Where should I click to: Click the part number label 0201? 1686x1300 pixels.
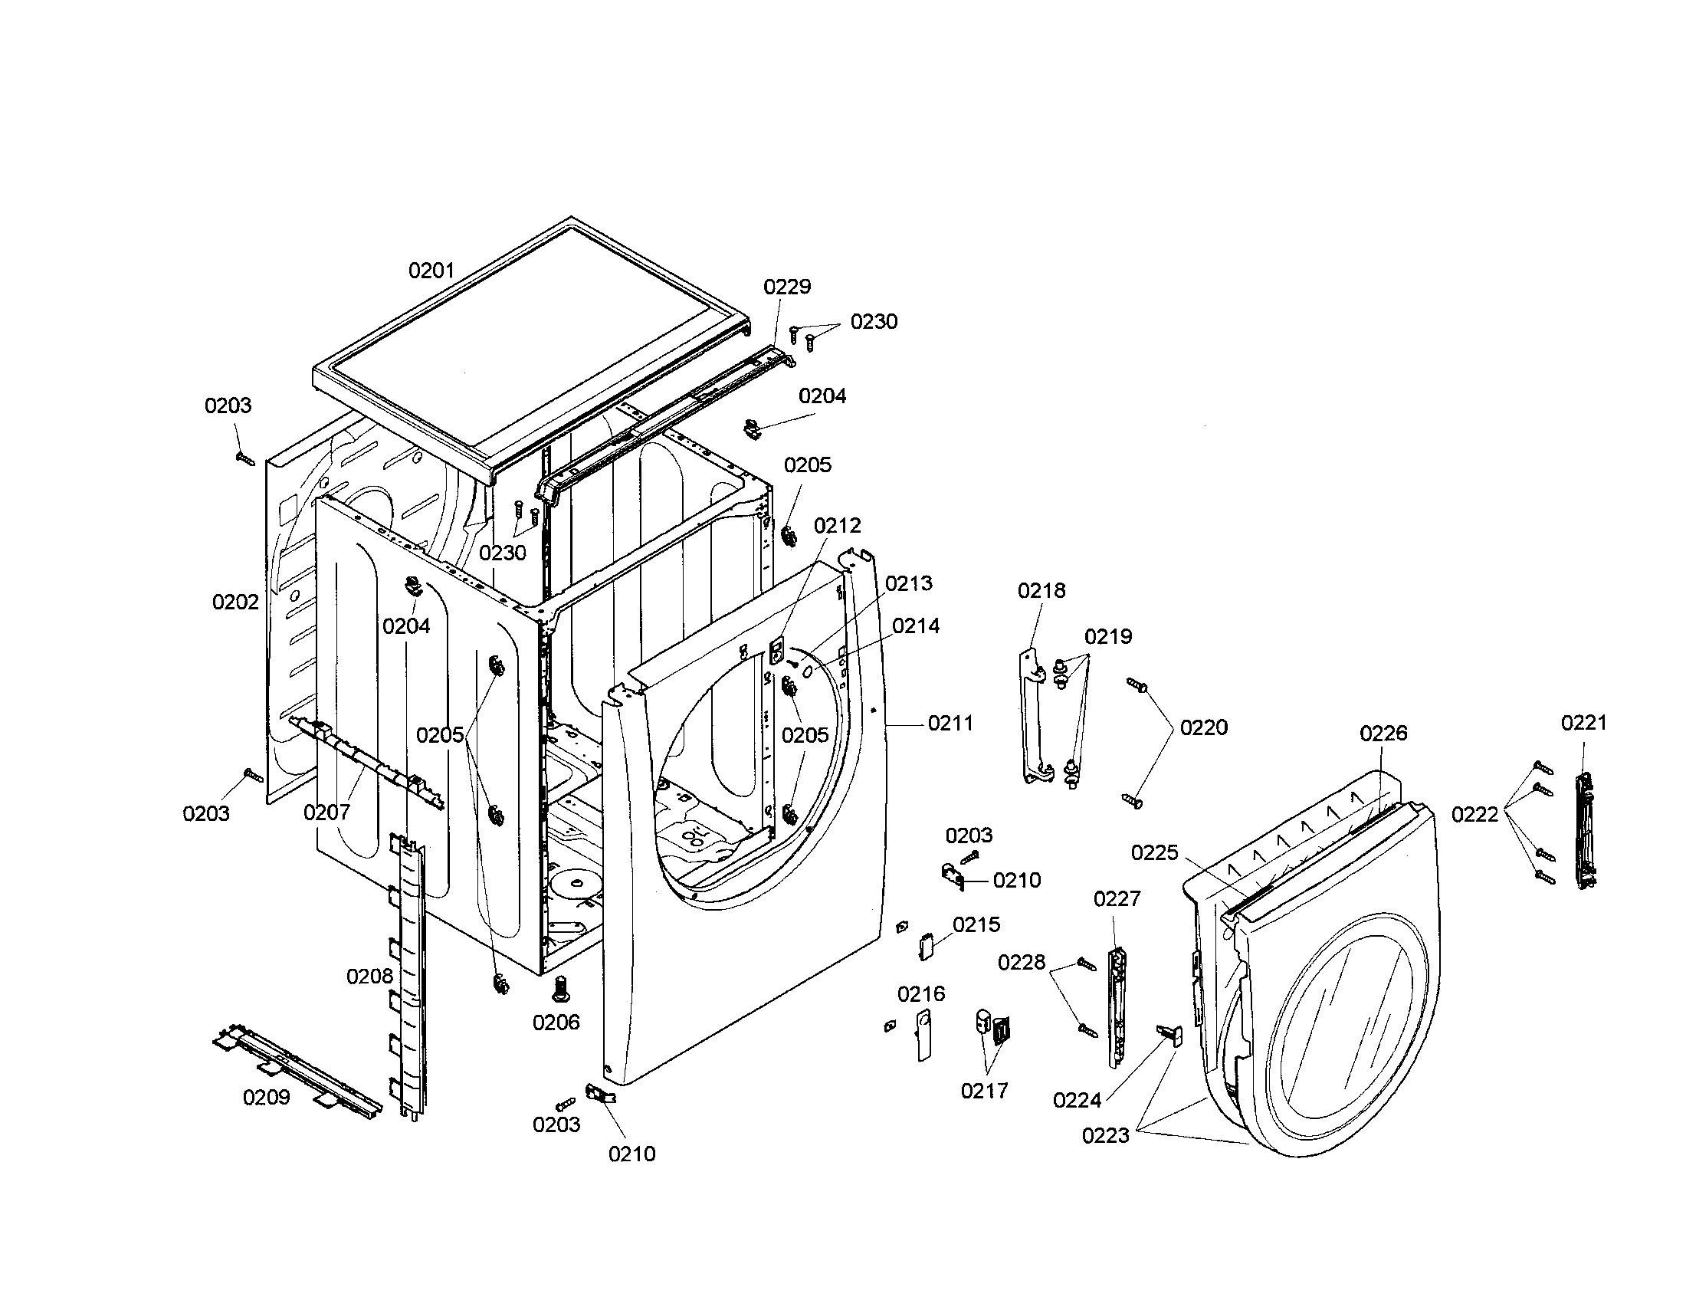[x=431, y=271]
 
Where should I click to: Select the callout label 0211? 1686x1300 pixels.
[x=950, y=724]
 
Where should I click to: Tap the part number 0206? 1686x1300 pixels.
[x=556, y=1022]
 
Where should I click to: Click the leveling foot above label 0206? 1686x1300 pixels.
[x=560, y=987]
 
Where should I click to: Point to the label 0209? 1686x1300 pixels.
[x=267, y=1097]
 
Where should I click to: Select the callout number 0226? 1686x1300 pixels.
[x=1383, y=733]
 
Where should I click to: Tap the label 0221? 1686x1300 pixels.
[x=1584, y=723]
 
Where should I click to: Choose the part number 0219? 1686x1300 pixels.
[x=1108, y=637]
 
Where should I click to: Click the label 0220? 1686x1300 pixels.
[x=1203, y=727]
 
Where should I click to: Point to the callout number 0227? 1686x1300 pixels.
[x=1117, y=898]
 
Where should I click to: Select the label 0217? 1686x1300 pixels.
[x=984, y=1091]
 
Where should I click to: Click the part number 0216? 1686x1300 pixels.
[x=921, y=993]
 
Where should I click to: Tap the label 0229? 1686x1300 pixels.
[x=787, y=287]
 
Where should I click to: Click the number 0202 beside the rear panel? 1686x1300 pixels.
[x=235, y=602]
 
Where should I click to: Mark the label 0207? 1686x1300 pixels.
[x=326, y=812]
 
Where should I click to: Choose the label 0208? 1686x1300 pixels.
[x=370, y=977]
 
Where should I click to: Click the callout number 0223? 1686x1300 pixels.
[x=1105, y=1135]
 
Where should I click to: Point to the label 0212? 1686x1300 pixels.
[x=838, y=526]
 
